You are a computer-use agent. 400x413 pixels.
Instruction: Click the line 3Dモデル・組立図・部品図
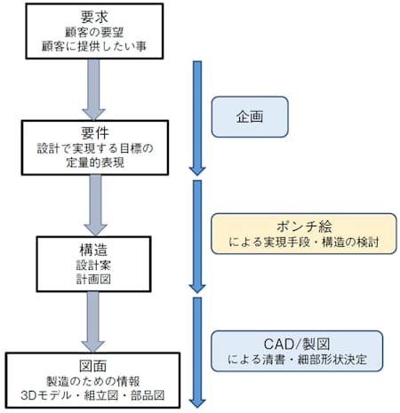tap(91, 394)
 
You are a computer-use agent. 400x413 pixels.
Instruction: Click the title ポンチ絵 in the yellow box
tap(295, 225)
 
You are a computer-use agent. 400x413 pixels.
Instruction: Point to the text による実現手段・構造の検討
tap(295, 241)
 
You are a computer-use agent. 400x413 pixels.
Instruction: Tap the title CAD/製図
tap(295, 343)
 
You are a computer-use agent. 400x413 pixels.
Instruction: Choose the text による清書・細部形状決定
tap(295, 360)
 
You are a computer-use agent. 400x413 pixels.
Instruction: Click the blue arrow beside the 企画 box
tap(196, 115)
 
